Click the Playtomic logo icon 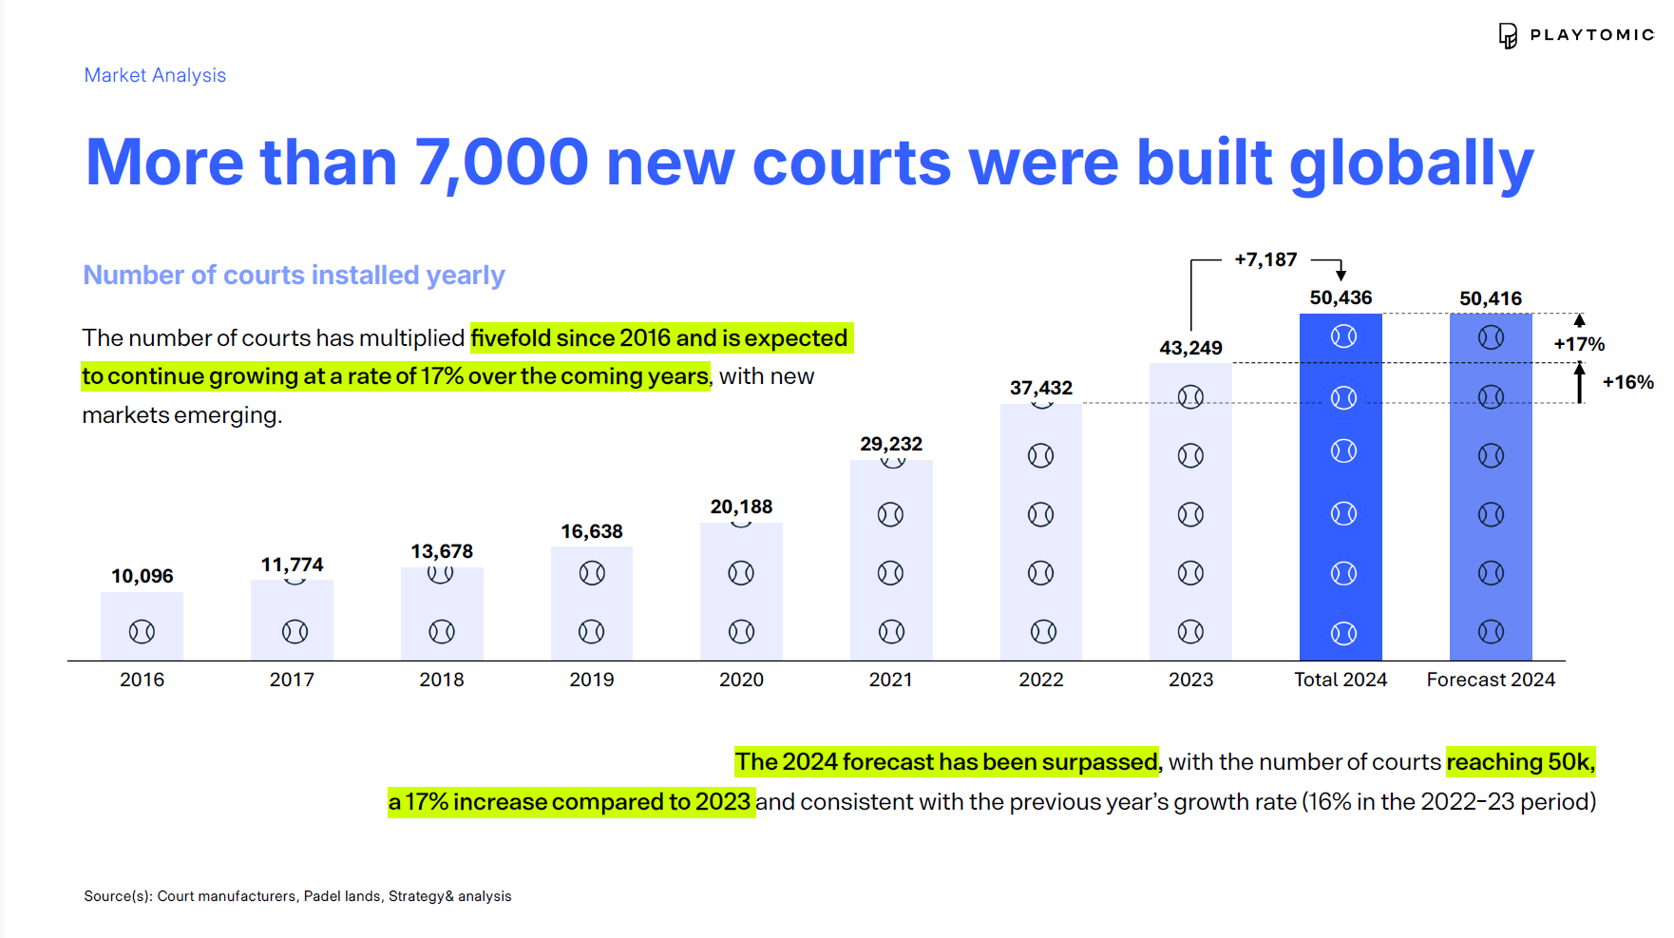point(1508,36)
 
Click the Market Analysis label point(155,75)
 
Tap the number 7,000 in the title point(502,163)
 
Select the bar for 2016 point(142,626)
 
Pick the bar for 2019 point(592,603)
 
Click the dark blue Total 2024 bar point(1341,487)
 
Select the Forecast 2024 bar point(1491,487)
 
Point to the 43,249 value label point(1190,348)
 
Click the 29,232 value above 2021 point(891,444)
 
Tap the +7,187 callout point(1265,259)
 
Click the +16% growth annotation point(1627,382)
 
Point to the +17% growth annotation point(1579,344)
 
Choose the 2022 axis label point(1041,680)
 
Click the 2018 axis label point(442,680)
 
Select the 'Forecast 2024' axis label point(1491,680)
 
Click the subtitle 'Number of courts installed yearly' point(294,275)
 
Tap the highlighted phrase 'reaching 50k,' point(1520,762)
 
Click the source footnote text point(297,896)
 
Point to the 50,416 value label point(1491,298)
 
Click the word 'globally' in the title point(1412,164)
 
